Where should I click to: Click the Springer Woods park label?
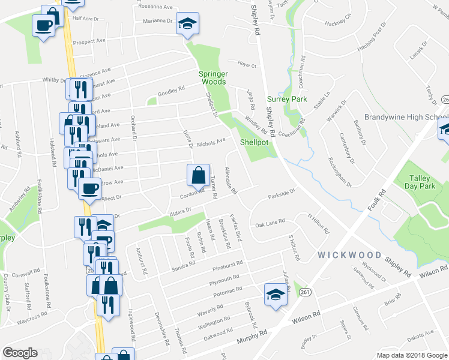click(x=213, y=77)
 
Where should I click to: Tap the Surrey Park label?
click(x=287, y=99)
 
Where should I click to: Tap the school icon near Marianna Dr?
click(x=188, y=23)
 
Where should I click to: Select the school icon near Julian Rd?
click(x=275, y=295)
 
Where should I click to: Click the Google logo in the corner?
click(x=20, y=353)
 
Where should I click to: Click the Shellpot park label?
click(x=253, y=143)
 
